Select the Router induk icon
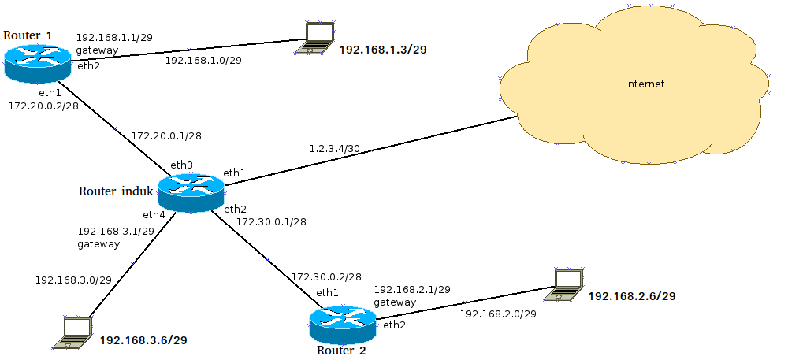point(190,192)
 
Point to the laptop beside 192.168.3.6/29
point(73,332)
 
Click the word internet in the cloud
point(644,84)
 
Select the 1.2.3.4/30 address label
point(335,148)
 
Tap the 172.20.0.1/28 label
point(166,135)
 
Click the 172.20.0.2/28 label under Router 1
point(43,105)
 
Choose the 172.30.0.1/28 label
point(271,221)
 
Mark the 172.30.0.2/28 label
point(326,277)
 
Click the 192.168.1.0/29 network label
point(203,60)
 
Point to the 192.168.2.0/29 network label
point(498,314)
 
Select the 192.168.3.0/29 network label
point(73,280)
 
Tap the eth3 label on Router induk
point(182,165)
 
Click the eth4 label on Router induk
point(154,214)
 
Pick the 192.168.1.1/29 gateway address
point(114,37)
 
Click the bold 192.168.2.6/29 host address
point(632,296)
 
